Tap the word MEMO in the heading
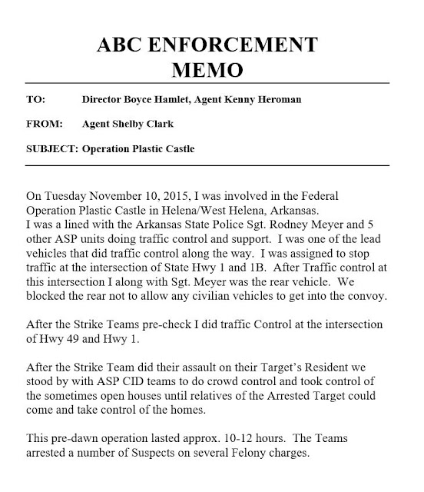tap(212, 71)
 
